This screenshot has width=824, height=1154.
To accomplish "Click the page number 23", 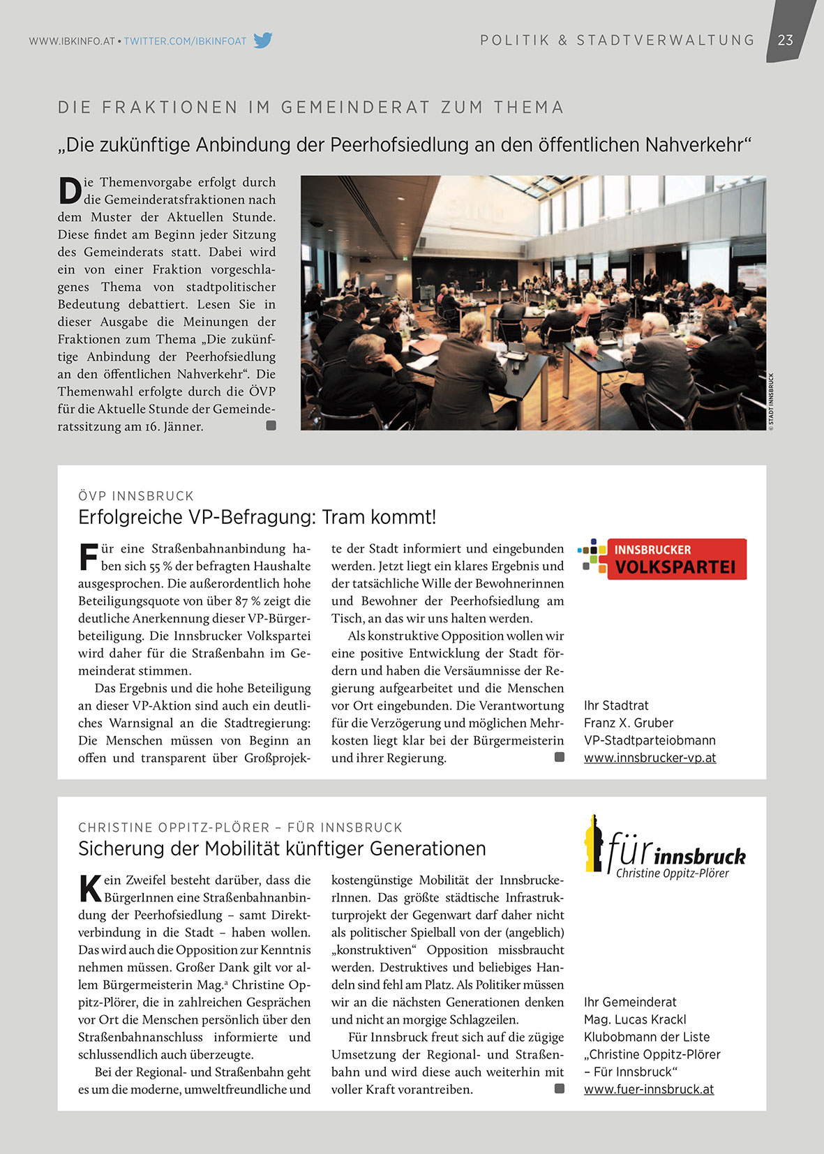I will (785, 40).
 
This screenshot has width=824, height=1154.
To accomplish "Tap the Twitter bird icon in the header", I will (262, 40).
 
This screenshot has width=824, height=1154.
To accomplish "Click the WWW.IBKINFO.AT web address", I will (72, 41).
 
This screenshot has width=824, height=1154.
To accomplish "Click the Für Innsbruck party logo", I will (664, 846).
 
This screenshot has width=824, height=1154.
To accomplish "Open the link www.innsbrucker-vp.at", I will (650, 758).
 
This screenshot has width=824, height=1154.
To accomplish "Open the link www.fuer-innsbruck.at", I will (649, 1089).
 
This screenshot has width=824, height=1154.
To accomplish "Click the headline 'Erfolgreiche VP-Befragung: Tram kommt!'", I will (257, 517).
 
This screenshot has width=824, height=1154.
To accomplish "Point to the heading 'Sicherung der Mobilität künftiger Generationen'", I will (282, 848).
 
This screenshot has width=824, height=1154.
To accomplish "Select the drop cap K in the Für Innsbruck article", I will (90, 888).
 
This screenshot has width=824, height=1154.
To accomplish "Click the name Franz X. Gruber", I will (629, 723).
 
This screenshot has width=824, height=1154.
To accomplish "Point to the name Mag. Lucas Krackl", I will (635, 1019).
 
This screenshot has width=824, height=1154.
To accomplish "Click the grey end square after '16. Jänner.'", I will (271, 426).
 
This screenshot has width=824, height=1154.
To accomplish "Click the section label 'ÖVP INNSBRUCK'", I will (136, 496).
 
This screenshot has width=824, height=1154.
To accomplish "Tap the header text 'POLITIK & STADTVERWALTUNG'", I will (617, 40).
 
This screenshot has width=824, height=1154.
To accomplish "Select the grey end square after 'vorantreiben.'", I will (559, 1088).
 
